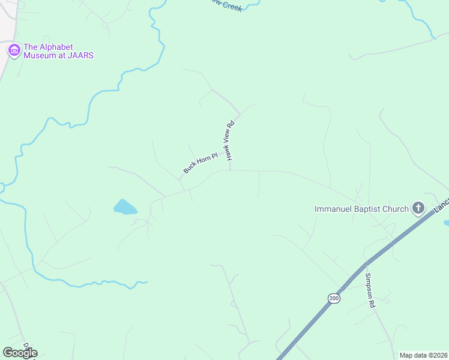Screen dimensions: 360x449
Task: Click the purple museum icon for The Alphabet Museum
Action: pyautogui.click(x=13, y=51)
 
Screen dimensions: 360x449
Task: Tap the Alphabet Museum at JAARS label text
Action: pyautogui.click(x=58, y=52)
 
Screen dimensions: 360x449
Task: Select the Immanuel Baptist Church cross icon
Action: pyautogui.click(x=418, y=209)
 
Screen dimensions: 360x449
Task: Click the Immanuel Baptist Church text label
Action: pyautogui.click(x=361, y=209)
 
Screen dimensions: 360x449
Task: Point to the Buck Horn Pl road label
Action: pyautogui.click(x=199, y=161)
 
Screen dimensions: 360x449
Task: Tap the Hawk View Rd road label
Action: pyautogui.click(x=229, y=142)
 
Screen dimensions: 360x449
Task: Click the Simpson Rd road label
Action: pyautogui.click(x=370, y=290)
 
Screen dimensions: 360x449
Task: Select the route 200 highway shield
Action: pyautogui.click(x=334, y=298)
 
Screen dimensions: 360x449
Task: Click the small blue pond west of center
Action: pyautogui.click(x=125, y=208)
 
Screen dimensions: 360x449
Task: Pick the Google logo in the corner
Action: pyautogui.click(x=20, y=353)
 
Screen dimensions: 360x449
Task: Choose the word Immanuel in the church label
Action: pyautogui.click(x=333, y=209)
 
